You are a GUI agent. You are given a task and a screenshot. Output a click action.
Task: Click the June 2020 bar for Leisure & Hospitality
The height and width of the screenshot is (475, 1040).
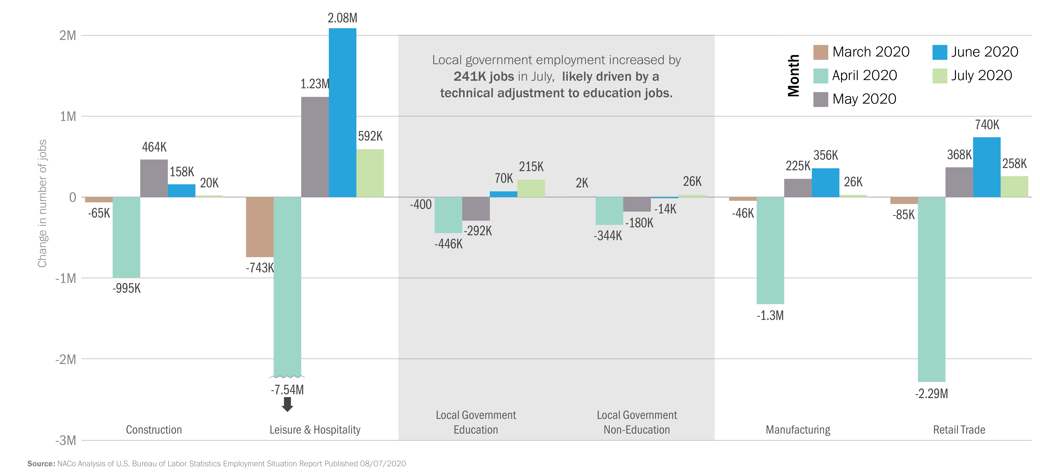(342, 113)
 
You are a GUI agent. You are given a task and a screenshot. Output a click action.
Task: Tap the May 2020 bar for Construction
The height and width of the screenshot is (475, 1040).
(154, 178)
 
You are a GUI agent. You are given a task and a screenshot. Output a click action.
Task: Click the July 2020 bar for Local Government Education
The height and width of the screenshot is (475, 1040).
(531, 188)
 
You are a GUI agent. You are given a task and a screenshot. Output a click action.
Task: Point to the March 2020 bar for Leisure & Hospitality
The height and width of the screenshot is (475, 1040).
(260, 227)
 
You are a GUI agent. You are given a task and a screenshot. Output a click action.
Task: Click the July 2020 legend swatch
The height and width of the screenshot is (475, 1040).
(940, 76)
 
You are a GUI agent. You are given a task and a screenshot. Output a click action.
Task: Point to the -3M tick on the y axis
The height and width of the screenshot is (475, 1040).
(66, 440)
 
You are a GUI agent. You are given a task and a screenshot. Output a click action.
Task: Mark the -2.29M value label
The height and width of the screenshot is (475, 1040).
(931, 393)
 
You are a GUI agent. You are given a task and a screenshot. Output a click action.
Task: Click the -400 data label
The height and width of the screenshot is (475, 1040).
(421, 205)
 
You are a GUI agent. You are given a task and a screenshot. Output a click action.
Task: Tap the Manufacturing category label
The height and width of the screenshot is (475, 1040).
(798, 430)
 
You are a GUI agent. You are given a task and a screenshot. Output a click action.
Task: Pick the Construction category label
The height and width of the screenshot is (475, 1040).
(154, 430)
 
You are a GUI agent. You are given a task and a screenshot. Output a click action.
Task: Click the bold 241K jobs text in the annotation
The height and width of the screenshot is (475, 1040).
(484, 77)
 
